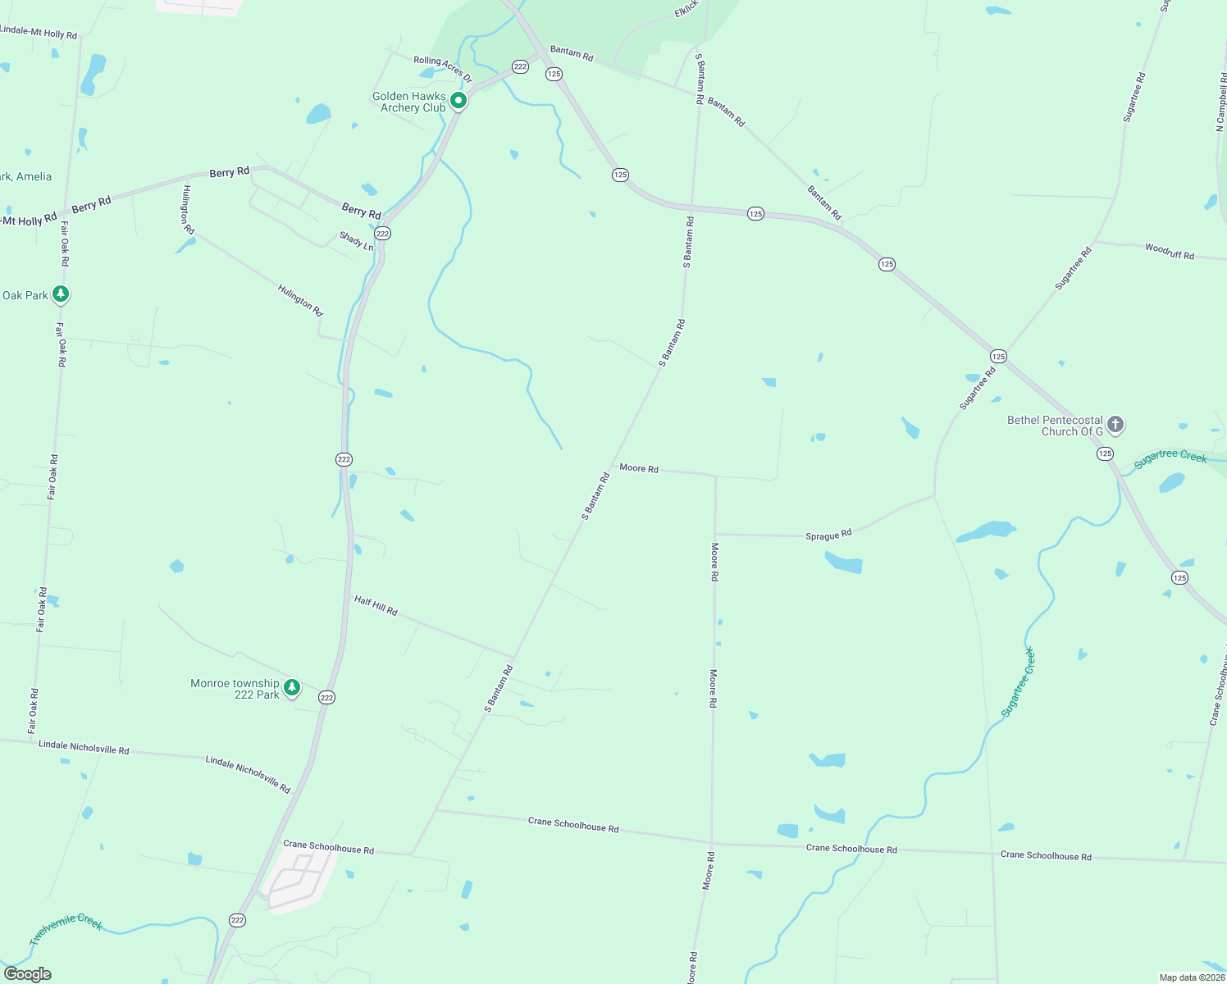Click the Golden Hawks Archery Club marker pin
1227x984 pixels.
[x=458, y=100]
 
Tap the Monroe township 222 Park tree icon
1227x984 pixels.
[x=291, y=686]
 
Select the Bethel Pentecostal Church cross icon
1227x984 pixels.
[x=1115, y=424]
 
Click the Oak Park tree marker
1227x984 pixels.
[x=60, y=294]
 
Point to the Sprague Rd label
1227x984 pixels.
[x=828, y=535]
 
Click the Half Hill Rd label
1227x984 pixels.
[x=376, y=606]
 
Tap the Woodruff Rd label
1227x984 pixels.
[x=1170, y=252]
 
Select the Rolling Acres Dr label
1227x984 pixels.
[x=443, y=68]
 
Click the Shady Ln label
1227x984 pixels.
[x=356, y=241]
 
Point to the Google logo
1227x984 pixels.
[x=27, y=974]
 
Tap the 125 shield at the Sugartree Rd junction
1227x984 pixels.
[x=998, y=356]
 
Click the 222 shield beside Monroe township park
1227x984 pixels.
[x=326, y=698]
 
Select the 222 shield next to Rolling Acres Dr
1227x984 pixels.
[x=520, y=66]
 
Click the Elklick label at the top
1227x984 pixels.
[x=686, y=9]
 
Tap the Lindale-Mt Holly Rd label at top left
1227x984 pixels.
[x=39, y=33]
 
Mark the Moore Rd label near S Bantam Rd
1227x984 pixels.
[x=639, y=468]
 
